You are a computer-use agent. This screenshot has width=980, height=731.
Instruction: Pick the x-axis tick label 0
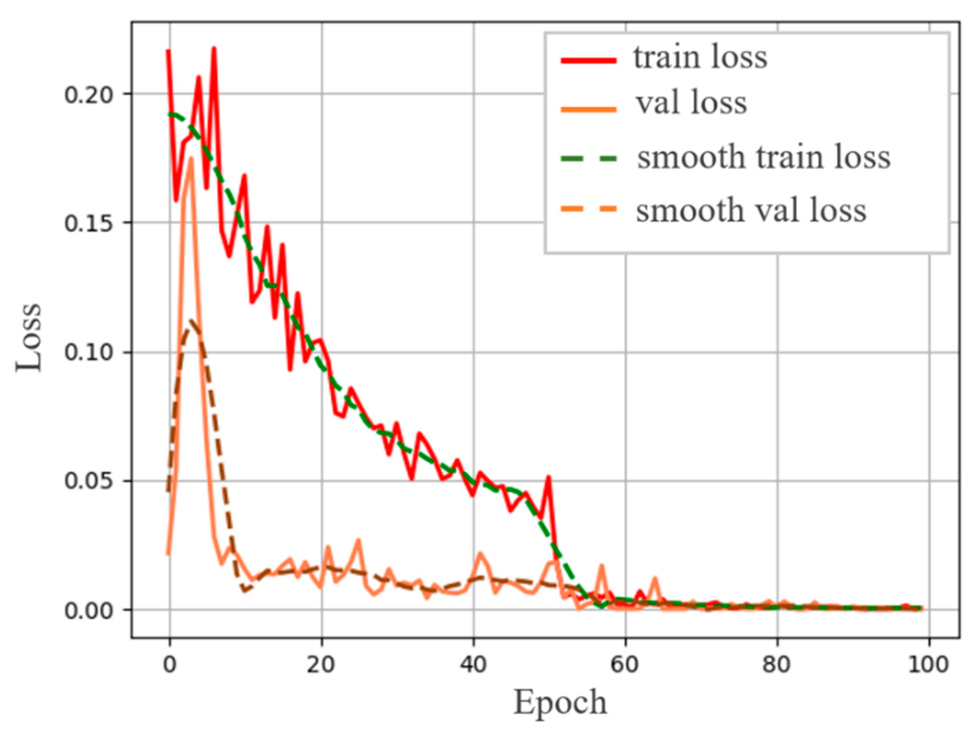170,665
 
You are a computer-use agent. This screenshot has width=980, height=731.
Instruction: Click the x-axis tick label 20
321,665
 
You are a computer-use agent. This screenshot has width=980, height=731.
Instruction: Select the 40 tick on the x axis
473,665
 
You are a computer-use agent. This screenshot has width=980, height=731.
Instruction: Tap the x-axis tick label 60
625,665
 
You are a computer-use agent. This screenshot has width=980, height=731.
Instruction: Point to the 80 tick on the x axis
777,665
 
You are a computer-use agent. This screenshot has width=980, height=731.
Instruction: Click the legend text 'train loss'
700,58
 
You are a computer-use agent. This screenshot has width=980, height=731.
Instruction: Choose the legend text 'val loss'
691,103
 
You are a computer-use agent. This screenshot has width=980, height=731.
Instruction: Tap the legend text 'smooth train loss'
764,157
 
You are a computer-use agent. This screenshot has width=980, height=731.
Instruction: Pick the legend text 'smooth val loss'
751,211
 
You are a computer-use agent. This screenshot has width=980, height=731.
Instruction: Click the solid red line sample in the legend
588,60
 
